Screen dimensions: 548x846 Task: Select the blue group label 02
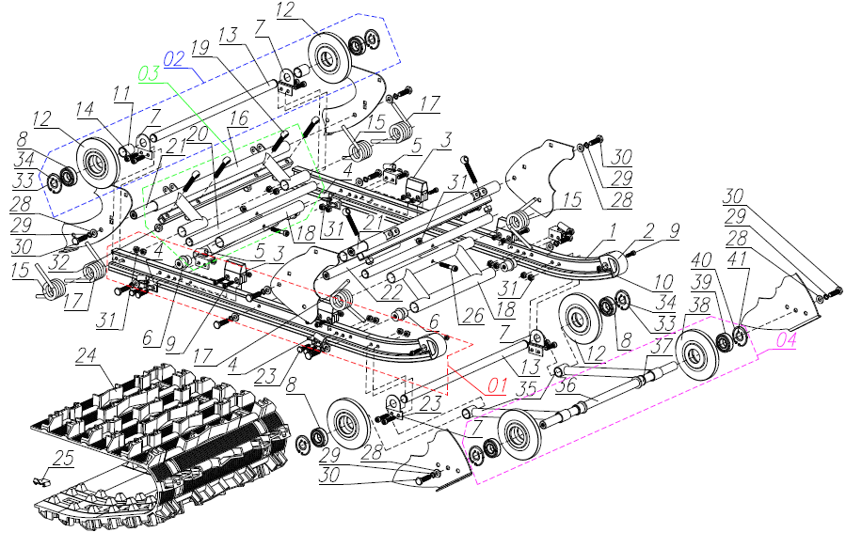click(176, 59)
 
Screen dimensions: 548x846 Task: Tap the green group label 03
click(150, 73)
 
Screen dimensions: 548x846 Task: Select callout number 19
click(199, 46)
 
